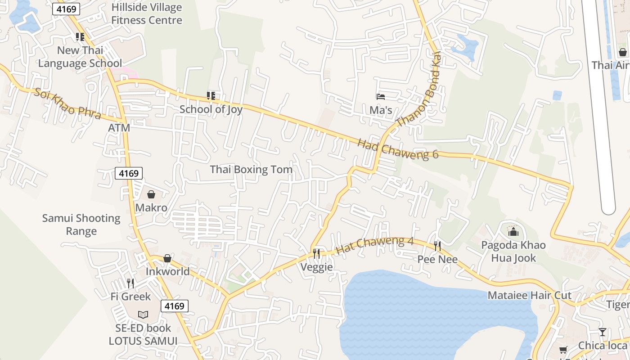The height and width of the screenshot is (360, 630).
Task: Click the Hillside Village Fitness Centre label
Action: (x=147, y=14)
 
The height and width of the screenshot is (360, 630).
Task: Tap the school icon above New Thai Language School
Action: (x=80, y=37)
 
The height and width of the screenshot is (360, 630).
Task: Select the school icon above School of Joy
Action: (x=211, y=95)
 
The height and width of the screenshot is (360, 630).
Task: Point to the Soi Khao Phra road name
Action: (x=67, y=103)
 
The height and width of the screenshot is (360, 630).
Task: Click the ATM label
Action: (x=119, y=128)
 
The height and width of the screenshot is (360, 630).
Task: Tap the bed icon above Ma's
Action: (x=381, y=96)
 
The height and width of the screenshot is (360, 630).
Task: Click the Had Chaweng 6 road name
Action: (x=398, y=149)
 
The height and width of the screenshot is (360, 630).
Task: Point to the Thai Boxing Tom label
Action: (x=251, y=170)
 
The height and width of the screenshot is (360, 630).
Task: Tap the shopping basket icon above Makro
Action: (x=151, y=194)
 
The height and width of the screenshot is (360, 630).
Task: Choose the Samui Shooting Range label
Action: (x=81, y=225)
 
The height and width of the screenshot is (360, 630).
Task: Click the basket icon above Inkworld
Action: (x=167, y=258)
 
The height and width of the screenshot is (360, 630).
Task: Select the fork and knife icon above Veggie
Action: (x=316, y=254)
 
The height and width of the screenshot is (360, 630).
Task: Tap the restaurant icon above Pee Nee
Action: (x=437, y=246)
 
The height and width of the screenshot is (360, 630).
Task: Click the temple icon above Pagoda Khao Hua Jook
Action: (x=513, y=232)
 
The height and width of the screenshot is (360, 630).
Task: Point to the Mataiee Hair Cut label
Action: (x=530, y=296)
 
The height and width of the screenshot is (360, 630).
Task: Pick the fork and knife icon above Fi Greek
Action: (x=130, y=283)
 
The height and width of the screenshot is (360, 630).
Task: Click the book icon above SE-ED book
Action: (x=143, y=315)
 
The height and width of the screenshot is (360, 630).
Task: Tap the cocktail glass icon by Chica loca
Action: (x=603, y=332)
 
